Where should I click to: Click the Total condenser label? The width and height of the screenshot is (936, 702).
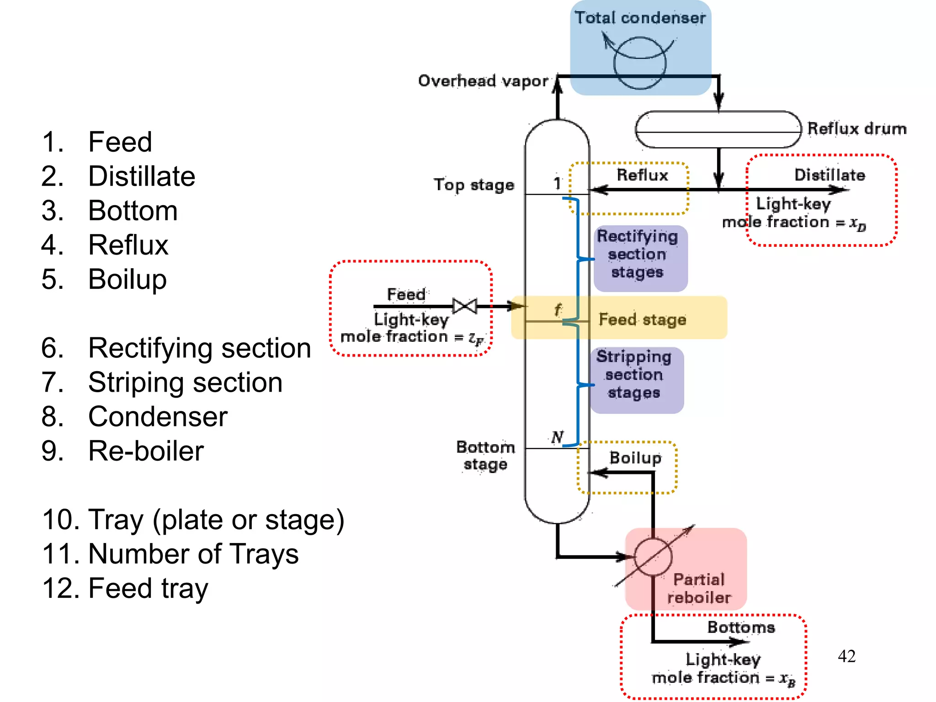[x=640, y=18]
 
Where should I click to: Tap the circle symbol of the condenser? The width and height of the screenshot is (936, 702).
[x=640, y=63]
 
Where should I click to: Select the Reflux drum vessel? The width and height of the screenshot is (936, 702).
[x=718, y=129]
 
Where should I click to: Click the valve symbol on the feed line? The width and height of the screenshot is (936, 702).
[x=465, y=306]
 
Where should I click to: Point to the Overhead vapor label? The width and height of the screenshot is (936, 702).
[x=483, y=81]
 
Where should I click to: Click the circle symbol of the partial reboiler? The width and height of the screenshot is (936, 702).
[x=653, y=557]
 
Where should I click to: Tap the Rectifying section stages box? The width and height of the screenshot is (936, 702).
[x=640, y=258]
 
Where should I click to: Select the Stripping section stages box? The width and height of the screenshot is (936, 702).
[x=636, y=380]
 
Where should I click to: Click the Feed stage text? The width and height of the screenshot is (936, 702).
[x=642, y=319]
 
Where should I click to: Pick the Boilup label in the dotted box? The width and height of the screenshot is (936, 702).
[x=635, y=457]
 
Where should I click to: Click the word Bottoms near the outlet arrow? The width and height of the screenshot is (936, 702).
[x=741, y=627]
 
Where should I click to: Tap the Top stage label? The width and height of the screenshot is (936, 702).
[x=473, y=185]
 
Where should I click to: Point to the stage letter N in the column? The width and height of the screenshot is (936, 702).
[x=557, y=437]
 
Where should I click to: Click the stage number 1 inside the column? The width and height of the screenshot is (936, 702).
[x=557, y=183]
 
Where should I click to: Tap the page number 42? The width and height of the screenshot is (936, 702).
[x=846, y=656]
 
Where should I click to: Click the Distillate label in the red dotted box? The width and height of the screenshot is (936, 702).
[x=830, y=175]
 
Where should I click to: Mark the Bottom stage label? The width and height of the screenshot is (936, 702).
[x=485, y=455]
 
